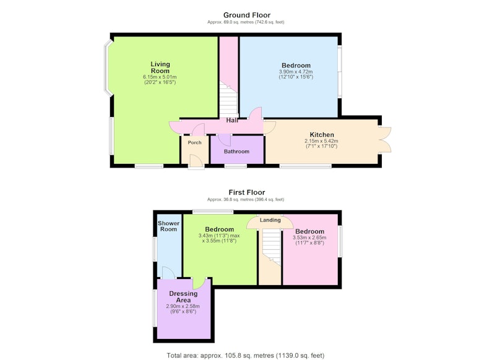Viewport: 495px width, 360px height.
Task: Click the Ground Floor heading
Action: tap(247, 15)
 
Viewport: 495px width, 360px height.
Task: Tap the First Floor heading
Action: tap(247, 192)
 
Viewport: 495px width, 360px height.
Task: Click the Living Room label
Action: tap(160, 67)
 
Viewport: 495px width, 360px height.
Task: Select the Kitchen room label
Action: tap(322, 135)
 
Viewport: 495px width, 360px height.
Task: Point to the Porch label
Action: tap(194, 143)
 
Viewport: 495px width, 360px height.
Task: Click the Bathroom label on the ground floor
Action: tap(236, 152)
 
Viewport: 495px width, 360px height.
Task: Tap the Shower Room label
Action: tap(168, 226)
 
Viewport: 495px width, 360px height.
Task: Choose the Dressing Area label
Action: tap(183, 296)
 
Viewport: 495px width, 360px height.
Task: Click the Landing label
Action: tap(270, 220)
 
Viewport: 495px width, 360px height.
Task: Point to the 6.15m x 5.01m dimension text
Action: tap(160, 77)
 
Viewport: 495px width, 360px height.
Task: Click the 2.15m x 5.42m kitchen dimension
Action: tap(321, 141)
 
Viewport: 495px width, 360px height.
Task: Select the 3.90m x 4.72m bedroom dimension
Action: tap(296, 72)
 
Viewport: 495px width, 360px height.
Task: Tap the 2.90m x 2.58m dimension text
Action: tap(183, 306)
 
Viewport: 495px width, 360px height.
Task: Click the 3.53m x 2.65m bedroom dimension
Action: tap(310, 238)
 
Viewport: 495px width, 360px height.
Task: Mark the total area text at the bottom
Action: tap(246, 356)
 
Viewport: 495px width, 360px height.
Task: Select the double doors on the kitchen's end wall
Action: tap(385, 140)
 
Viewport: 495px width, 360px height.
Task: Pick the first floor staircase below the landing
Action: tap(272, 247)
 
